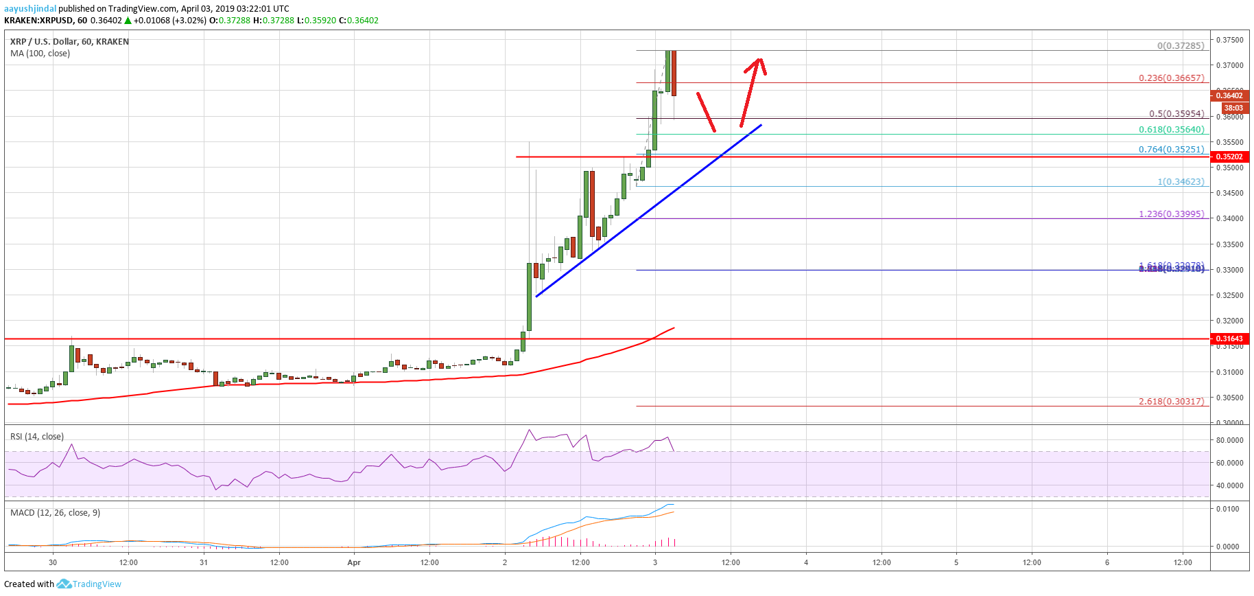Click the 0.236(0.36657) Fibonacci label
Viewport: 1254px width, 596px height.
tap(1171, 78)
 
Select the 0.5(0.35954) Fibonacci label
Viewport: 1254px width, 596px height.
tap(1176, 114)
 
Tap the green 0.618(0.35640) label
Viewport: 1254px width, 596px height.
tap(1171, 129)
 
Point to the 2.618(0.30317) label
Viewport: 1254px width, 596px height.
tap(1171, 401)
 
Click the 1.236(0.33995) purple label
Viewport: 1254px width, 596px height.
tap(1171, 214)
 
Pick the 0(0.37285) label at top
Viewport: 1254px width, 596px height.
tap(1180, 46)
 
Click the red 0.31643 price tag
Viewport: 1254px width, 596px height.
tap(1229, 339)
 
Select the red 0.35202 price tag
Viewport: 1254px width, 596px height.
tap(1229, 157)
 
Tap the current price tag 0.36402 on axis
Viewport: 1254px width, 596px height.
tap(1229, 95)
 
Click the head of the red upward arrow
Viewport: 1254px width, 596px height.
tap(759, 62)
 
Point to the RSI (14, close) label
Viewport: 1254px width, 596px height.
tap(37, 436)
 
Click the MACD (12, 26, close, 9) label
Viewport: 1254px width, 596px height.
tap(55, 512)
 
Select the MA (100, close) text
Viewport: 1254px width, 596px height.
tap(40, 53)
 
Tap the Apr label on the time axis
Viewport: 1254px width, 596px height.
tap(354, 562)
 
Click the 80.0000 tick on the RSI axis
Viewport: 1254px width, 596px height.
tap(1229, 440)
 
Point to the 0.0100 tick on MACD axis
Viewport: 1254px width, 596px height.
tap(1228, 509)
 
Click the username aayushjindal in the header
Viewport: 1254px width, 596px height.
tap(30, 9)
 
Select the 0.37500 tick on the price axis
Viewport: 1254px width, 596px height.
tap(1229, 40)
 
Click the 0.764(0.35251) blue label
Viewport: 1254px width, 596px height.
tap(1171, 149)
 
